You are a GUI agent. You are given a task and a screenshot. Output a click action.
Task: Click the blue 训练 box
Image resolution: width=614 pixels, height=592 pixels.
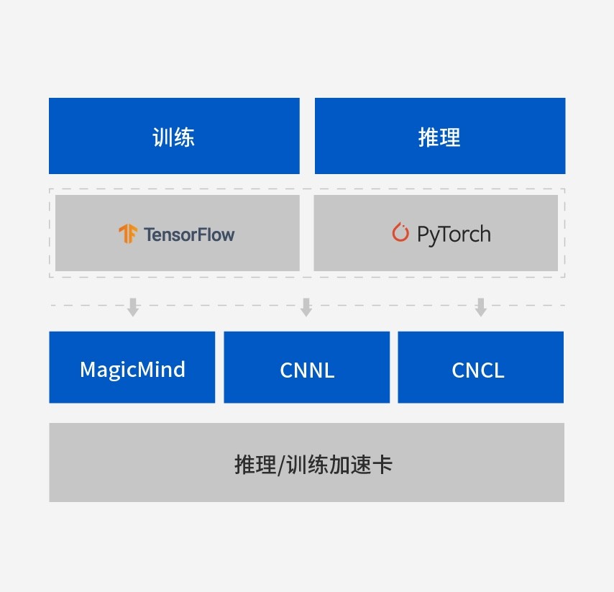click(174, 136)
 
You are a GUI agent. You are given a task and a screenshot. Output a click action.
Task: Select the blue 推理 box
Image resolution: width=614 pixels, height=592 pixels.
click(439, 136)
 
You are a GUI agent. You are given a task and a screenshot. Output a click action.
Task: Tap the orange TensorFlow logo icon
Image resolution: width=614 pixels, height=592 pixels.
click(128, 234)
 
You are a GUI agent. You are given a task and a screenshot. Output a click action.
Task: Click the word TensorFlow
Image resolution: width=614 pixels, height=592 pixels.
click(188, 234)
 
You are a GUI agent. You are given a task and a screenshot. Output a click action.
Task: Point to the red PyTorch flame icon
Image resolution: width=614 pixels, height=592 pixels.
click(400, 232)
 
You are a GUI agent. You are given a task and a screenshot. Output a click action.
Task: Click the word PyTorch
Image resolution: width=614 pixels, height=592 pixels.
click(454, 234)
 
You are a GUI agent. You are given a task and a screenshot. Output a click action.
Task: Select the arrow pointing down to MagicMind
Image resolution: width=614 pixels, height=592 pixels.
click(133, 307)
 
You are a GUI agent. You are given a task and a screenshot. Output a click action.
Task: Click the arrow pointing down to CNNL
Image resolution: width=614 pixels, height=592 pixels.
click(306, 307)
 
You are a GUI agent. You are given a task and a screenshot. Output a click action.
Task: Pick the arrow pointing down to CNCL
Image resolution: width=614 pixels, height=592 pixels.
click(481, 307)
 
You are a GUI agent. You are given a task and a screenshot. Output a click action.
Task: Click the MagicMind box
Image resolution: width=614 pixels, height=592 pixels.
click(132, 368)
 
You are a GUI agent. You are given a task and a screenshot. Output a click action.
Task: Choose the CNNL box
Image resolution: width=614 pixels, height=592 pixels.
click(307, 368)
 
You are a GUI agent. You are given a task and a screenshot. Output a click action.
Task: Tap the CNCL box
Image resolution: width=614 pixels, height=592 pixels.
click(480, 368)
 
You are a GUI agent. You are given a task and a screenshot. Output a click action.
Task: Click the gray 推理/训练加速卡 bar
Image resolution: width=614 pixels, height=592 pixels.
click(306, 463)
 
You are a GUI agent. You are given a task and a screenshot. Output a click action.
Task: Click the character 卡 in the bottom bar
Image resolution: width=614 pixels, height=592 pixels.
click(382, 464)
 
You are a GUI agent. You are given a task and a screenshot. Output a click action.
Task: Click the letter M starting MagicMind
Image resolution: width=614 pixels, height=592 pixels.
click(88, 370)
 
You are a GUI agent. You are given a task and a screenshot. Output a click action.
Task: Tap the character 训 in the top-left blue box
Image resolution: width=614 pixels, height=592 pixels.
click(163, 137)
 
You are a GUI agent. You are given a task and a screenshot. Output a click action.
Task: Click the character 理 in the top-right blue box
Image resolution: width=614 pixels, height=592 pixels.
click(450, 137)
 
